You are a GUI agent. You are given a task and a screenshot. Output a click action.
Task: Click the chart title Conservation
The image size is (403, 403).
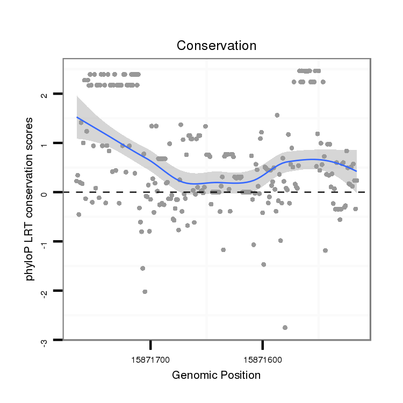pos(216,45)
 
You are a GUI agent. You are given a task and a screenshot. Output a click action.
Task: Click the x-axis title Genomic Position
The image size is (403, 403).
pos(216,375)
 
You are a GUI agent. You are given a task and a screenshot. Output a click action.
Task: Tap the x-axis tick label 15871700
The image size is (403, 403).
pos(150,357)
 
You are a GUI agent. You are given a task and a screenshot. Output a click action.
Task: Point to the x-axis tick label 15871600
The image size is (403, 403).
pos(262,357)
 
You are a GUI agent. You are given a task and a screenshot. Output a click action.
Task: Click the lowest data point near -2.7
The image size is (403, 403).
pos(285,327)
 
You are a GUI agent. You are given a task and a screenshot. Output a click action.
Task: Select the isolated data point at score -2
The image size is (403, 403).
pos(145,292)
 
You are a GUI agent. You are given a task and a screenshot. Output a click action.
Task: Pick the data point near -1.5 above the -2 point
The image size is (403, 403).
pos(142,268)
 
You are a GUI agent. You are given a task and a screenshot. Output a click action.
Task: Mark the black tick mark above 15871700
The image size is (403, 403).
pos(150,344)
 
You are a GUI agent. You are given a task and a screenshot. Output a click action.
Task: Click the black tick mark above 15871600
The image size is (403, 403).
pos(262,344)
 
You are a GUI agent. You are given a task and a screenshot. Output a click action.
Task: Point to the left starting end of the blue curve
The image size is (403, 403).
pos(77,117)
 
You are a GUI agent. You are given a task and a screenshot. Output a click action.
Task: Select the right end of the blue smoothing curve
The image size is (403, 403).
pos(357,171)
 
